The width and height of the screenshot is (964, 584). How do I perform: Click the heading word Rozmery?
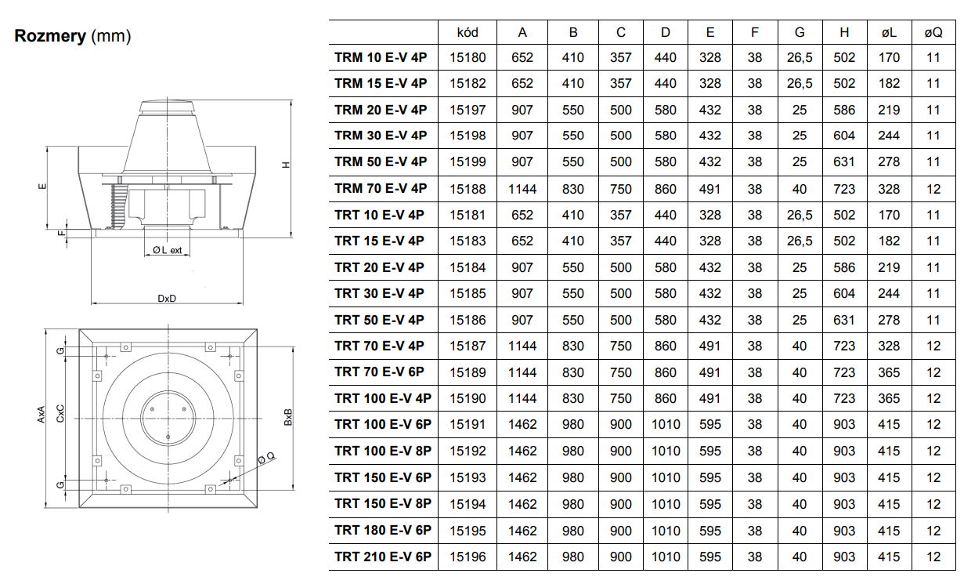click(50, 36)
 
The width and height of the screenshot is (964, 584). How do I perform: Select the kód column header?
click(468, 33)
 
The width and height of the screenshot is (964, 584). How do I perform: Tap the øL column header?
click(889, 33)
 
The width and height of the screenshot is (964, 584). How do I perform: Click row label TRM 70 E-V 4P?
click(381, 188)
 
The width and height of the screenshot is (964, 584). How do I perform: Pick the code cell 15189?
click(468, 372)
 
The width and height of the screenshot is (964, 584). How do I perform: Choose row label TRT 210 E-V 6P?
click(383, 557)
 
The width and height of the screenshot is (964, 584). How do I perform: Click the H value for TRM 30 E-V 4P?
click(844, 136)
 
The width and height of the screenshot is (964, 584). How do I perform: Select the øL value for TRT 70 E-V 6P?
click(889, 372)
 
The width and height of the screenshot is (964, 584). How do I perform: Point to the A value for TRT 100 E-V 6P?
click(522, 424)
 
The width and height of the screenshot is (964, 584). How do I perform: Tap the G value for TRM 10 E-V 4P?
click(800, 57)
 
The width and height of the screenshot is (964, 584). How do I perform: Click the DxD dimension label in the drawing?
click(167, 298)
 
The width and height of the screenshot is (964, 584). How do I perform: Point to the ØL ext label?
click(167, 250)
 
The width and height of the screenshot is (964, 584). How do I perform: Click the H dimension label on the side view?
click(286, 165)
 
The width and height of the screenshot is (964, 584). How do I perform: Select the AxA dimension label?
click(41, 415)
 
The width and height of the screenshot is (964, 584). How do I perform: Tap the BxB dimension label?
click(288, 417)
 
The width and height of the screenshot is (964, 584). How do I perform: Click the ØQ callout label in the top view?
click(266, 458)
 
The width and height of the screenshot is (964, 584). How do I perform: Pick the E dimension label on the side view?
click(42, 187)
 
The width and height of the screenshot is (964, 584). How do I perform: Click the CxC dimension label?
click(60, 413)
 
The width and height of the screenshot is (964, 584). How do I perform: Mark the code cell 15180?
click(468, 57)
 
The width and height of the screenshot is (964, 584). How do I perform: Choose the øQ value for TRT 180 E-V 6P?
click(933, 531)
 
